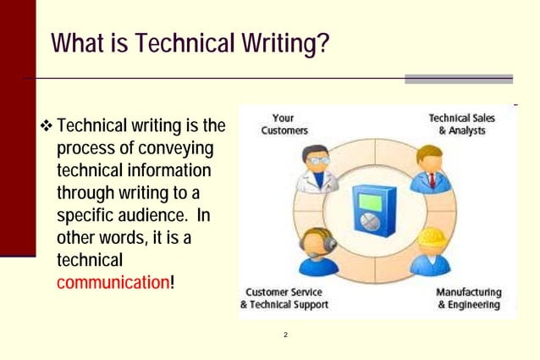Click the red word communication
click(x=113, y=281)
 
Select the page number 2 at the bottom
click(x=286, y=335)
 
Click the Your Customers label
click(x=284, y=125)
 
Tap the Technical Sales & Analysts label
click(x=462, y=125)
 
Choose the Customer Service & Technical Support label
click(x=284, y=298)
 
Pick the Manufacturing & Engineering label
click(x=468, y=298)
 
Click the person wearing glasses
click(x=317, y=169)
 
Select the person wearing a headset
click(x=317, y=250)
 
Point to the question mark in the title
click(x=322, y=43)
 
